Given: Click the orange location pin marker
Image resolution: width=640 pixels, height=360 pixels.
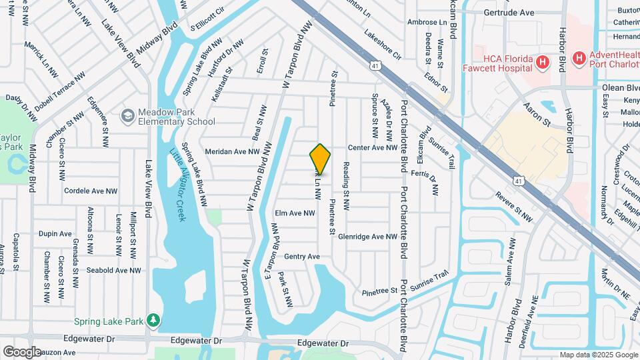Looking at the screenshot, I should [x=320, y=158].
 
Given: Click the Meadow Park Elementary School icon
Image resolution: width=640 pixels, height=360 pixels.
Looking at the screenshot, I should [x=127, y=117].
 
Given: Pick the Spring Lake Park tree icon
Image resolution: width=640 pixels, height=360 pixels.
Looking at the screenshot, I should [x=154, y=321].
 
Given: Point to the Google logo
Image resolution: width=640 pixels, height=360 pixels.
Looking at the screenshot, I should [x=22, y=352].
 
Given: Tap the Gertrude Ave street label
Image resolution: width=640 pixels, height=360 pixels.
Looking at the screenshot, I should [x=509, y=12].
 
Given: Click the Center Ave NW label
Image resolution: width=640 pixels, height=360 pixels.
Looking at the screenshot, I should [x=372, y=147].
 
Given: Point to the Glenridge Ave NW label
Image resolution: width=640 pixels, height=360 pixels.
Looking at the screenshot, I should [x=367, y=237].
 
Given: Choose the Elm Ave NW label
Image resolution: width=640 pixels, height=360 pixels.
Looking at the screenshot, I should [x=294, y=213].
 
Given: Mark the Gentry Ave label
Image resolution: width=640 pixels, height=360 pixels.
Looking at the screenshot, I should [x=302, y=257].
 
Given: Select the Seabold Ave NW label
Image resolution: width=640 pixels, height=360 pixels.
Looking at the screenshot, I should [x=115, y=270].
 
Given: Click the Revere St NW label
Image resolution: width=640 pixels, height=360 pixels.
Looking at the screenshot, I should [x=515, y=198].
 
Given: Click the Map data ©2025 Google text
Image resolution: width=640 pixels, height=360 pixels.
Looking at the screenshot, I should [x=598, y=355].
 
